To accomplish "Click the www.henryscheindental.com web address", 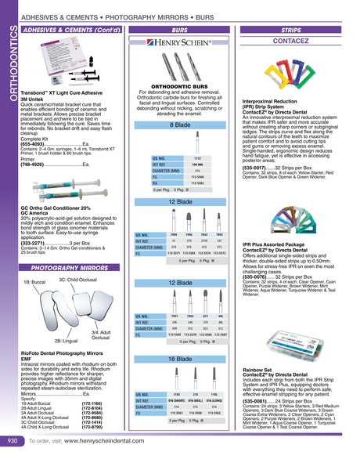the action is tap(121, 442).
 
